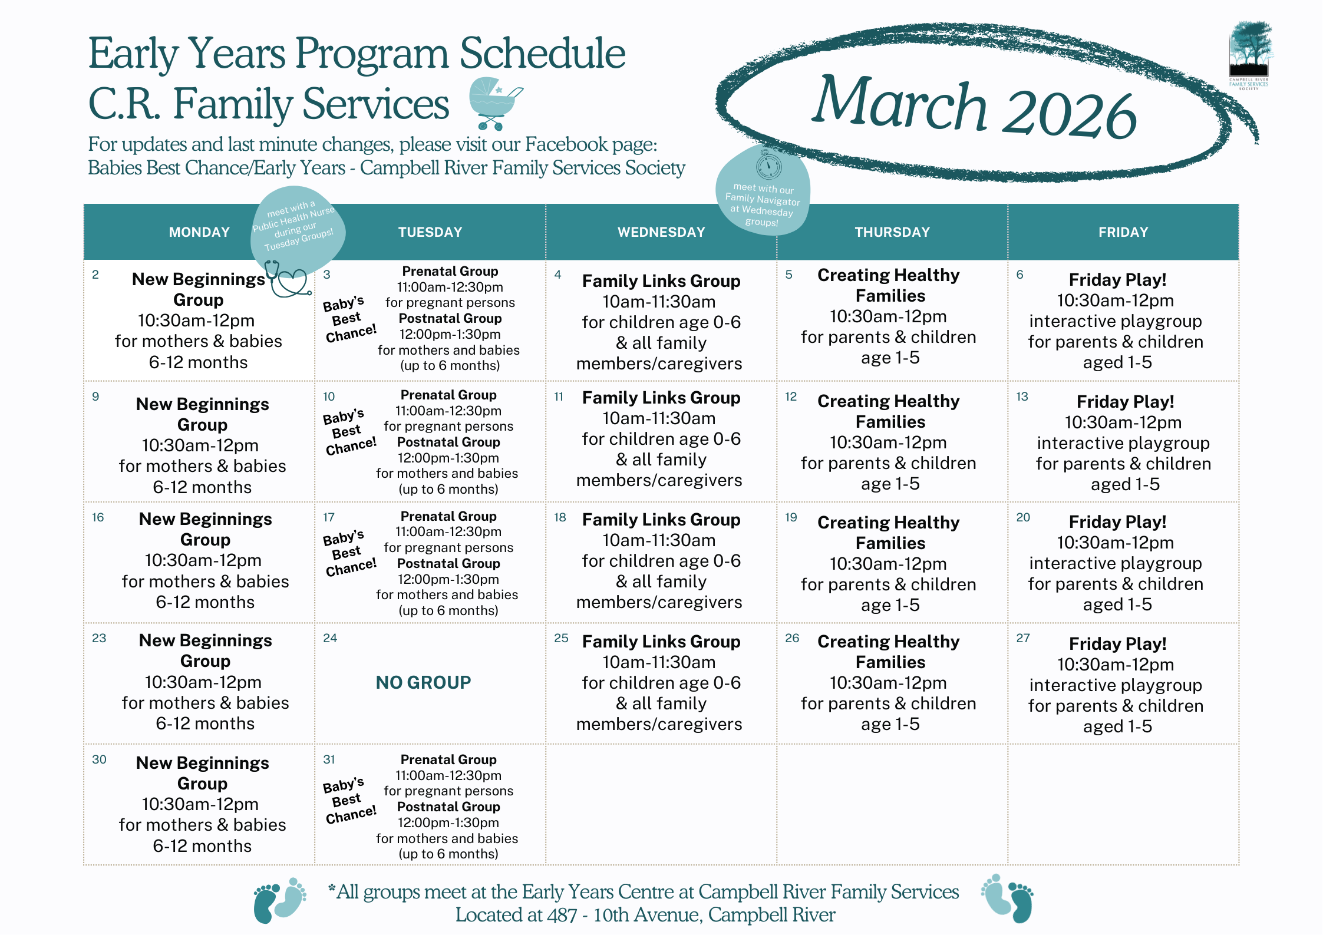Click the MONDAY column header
(199, 232)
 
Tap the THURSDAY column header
(892, 232)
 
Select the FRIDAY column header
(1123, 232)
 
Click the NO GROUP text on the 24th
(424, 682)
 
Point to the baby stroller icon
(494, 103)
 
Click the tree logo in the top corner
(1250, 50)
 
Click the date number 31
(329, 759)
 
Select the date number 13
(1022, 397)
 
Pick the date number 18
(560, 517)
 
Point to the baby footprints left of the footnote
(279, 900)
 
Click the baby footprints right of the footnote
(1007, 898)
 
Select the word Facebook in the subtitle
(566, 144)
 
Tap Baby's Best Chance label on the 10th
(349, 432)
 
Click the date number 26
(792, 638)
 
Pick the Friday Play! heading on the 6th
(1117, 279)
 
